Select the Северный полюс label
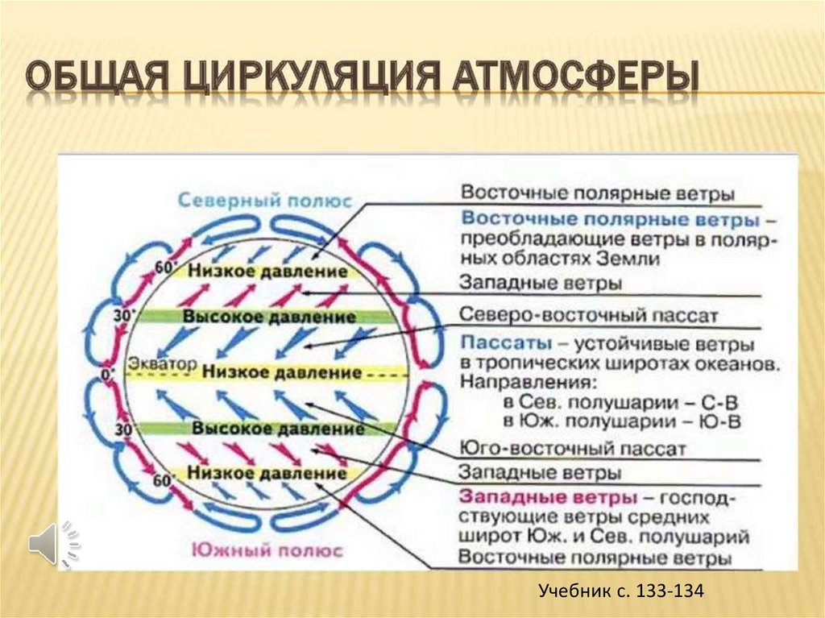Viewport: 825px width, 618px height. tap(265, 199)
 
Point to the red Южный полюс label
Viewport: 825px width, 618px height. tap(266, 551)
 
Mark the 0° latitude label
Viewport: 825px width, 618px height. tap(110, 373)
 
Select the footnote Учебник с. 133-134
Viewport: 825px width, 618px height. tap(621, 591)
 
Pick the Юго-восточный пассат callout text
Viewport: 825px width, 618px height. tap(573, 448)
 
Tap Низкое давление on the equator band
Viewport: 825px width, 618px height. tap(281, 373)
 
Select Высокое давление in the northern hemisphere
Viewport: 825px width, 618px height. tap(269, 317)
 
